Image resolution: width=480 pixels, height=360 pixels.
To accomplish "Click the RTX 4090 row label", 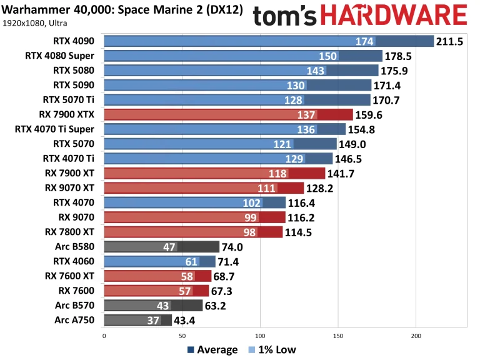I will [x=74, y=42].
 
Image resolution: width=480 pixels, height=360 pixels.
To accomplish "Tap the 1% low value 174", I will [x=364, y=42].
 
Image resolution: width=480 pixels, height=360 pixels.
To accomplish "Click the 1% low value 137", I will [x=307, y=115].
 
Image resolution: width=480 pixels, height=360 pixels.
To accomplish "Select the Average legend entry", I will [x=212, y=350].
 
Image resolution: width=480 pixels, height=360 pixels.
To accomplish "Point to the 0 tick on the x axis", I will [x=104, y=336].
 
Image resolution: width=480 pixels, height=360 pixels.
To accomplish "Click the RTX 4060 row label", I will [x=74, y=261].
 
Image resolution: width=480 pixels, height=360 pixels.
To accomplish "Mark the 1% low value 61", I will [x=192, y=261].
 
